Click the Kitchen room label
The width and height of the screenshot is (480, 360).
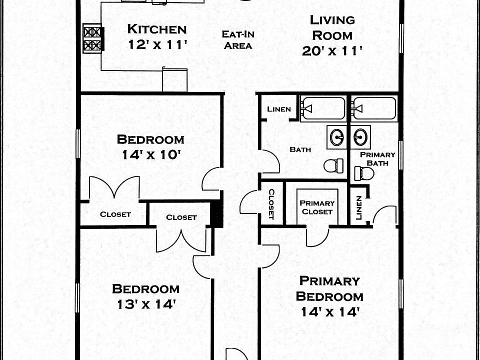pos(156,28)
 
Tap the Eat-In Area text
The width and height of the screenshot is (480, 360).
pos(237,40)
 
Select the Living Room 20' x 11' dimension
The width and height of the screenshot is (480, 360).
pos(332,51)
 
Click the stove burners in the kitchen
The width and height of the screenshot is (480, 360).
pos(92,38)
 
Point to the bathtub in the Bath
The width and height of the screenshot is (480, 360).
pos(323,108)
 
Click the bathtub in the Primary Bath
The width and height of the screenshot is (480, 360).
pos(374,108)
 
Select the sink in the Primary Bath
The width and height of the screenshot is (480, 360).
pos(360,136)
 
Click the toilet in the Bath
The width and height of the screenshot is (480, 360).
pos(334,164)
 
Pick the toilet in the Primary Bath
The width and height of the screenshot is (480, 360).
pos(364,173)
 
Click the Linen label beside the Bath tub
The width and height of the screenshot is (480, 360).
pos(278,109)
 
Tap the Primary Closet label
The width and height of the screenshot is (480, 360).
pos(317,207)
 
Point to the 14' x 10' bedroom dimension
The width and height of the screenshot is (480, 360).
pos(150,155)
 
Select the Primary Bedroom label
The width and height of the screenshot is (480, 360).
pos(329,288)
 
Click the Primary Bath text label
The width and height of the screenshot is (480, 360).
pos(377,159)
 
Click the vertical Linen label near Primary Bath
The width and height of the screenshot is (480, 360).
pos(358,207)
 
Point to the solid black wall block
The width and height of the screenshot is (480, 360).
pos(216,213)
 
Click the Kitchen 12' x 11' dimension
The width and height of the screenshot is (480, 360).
pos(156,44)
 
